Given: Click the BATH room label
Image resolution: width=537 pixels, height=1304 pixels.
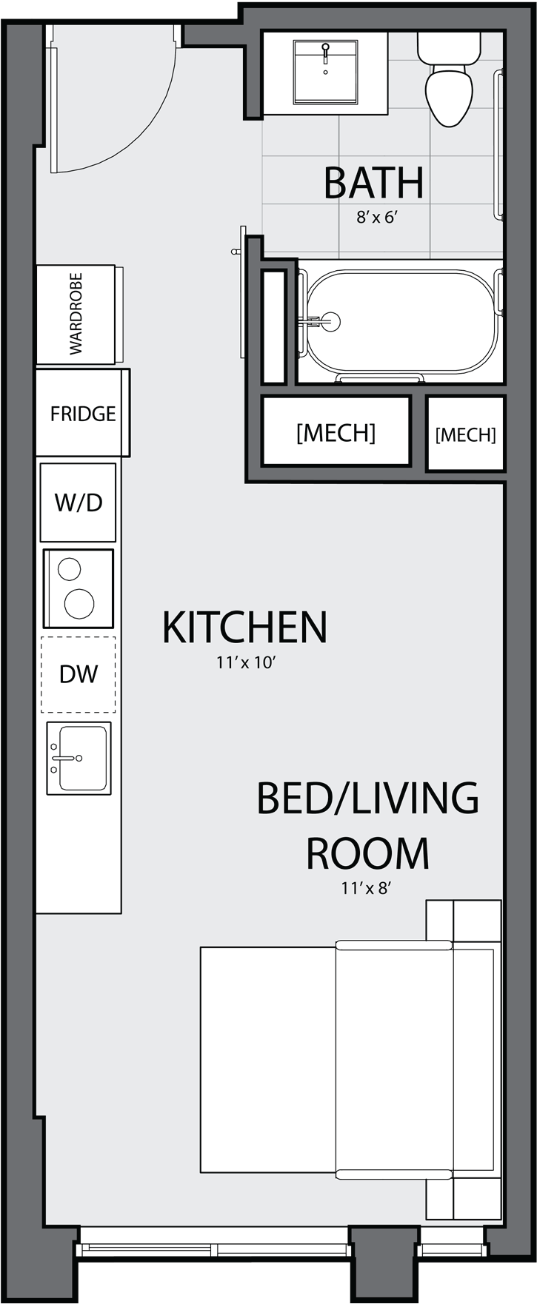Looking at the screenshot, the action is [x=374, y=183].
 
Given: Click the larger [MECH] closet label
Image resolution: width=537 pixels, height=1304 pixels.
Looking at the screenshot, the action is [x=336, y=432].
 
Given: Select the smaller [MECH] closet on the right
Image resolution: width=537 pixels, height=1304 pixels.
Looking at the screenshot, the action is [x=465, y=434].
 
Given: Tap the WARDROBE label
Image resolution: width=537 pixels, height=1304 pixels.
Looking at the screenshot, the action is [x=76, y=314].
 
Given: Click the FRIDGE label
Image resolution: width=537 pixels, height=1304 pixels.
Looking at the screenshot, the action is [x=83, y=413].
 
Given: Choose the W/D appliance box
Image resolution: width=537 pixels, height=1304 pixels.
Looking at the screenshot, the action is [x=78, y=503].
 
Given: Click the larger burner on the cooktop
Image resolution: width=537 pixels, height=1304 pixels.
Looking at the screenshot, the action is [x=79, y=604].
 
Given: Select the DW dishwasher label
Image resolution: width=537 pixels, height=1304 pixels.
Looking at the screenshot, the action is [x=79, y=673].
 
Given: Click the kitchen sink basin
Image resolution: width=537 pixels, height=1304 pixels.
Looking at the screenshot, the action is [x=82, y=758].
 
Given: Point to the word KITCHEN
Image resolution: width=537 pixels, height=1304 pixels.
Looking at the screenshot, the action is [x=244, y=627].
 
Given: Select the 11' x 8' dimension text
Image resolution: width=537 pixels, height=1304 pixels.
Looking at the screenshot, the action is [x=366, y=888].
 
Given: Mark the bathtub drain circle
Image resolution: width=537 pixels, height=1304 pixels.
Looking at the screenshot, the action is [x=330, y=321].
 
